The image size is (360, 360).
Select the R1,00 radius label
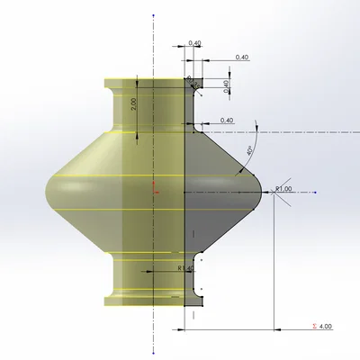[284, 188]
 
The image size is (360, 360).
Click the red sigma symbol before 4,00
[312, 326]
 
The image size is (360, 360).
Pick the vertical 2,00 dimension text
[133, 103]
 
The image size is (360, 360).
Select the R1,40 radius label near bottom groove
[185, 267]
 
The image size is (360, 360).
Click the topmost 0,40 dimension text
[195, 42]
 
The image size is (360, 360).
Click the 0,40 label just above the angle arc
[227, 120]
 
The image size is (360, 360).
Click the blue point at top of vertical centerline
[154, 15]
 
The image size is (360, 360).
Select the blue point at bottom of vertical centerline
[154, 349]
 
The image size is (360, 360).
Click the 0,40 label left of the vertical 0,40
[241, 58]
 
